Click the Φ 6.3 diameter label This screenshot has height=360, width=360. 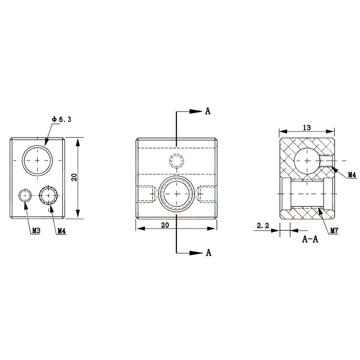tap(62, 119)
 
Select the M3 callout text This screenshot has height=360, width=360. tap(36, 230)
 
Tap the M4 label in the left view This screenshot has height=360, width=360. tap(62, 230)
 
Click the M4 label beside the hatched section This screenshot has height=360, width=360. tap(351, 174)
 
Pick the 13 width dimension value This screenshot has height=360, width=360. tap(306, 128)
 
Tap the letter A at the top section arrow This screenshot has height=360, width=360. tap(207, 111)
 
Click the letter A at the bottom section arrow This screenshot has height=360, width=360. tap(208, 253)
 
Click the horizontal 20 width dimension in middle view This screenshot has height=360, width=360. tap(165, 225)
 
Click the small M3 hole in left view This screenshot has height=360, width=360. tap(25, 195)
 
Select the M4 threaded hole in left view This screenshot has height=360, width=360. tap(49, 195)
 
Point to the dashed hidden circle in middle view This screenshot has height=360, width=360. tap(176, 160)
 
